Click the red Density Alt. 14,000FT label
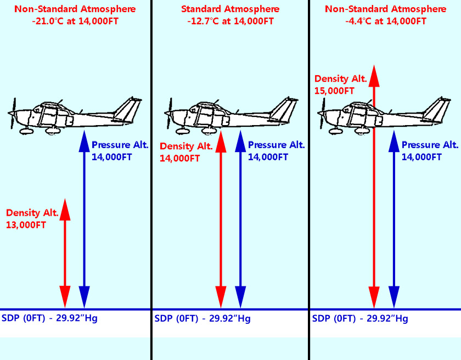pyautogui.click(x=186, y=152)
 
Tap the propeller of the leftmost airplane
pyautogui.click(x=13, y=113)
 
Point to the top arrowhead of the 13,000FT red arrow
pyautogui.click(x=65, y=209)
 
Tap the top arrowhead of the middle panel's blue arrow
pyautogui.click(x=239, y=142)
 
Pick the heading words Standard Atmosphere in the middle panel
pyautogui.click(x=231, y=9)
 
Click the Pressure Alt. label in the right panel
pyautogui.click(x=430, y=145)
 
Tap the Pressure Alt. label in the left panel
pyautogui.click(x=120, y=145)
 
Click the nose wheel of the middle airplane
pyautogui.click(x=180, y=131)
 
